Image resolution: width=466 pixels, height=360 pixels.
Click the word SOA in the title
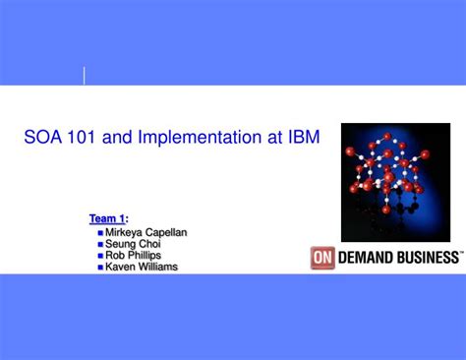pos(43,138)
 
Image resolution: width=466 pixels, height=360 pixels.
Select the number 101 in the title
pos(85,138)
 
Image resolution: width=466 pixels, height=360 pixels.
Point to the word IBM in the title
pos(302,138)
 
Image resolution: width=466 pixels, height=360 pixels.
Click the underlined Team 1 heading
pos(108,218)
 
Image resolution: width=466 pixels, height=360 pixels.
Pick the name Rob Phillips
pos(134,255)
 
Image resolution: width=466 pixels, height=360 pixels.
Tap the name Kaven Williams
pos(142,267)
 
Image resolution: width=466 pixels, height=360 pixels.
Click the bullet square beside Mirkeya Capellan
pos(100,233)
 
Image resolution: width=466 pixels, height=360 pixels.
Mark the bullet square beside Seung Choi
pos(100,245)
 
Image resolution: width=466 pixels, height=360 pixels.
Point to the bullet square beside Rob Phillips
pos(100,256)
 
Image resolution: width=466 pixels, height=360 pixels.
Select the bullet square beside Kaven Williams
pos(100,268)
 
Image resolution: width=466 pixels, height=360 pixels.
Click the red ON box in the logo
pos(322,257)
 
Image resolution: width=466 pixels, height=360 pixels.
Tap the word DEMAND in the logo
pos(362,257)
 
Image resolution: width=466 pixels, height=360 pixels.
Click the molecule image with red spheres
pos(394,182)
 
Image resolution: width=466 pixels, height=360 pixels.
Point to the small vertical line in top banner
pos(84,76)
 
